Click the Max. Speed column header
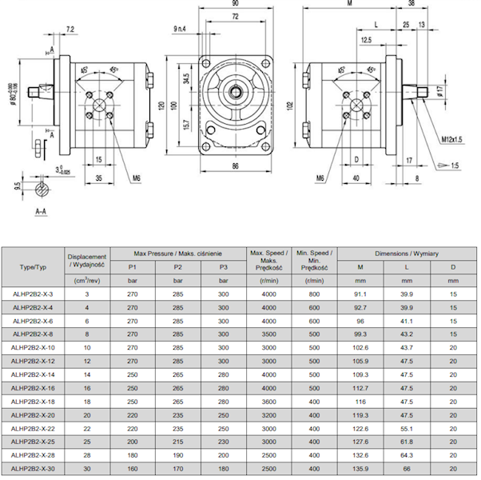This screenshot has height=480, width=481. (265, 259)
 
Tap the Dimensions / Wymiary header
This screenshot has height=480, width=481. (407, 253)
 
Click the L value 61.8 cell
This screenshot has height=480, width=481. (407, 442)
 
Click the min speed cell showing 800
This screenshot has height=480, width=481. (313, 294)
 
